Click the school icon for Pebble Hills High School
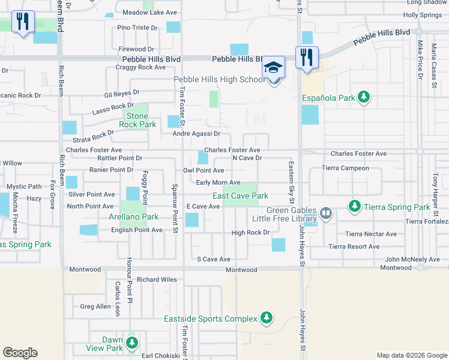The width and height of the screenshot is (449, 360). pos(273,67)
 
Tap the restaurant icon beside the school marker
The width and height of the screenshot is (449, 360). pos(307,58)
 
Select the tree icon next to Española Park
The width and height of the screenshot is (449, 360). pos(363,97)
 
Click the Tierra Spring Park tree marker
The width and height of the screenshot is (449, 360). pos(355,207)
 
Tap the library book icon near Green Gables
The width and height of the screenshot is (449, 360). pos(326,213)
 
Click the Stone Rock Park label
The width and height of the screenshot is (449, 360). pos(137,120)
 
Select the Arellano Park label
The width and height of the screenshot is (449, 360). pos(133,217)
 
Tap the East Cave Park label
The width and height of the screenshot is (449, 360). pos(240,196)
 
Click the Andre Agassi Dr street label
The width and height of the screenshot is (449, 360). pos(196,134)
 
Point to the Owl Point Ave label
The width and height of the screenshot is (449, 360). pos(203,170)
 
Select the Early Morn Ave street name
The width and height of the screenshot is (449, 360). pos(218,182)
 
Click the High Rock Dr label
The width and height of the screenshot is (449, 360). pos(249,232)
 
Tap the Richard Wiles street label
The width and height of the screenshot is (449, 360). pos(157,280)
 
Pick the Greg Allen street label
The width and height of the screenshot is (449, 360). pos(95,307)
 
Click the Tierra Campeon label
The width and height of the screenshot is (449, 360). pos(345,168)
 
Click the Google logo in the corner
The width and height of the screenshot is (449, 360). pos(20,353)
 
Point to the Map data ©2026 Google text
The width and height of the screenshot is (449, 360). pos(411,355)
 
